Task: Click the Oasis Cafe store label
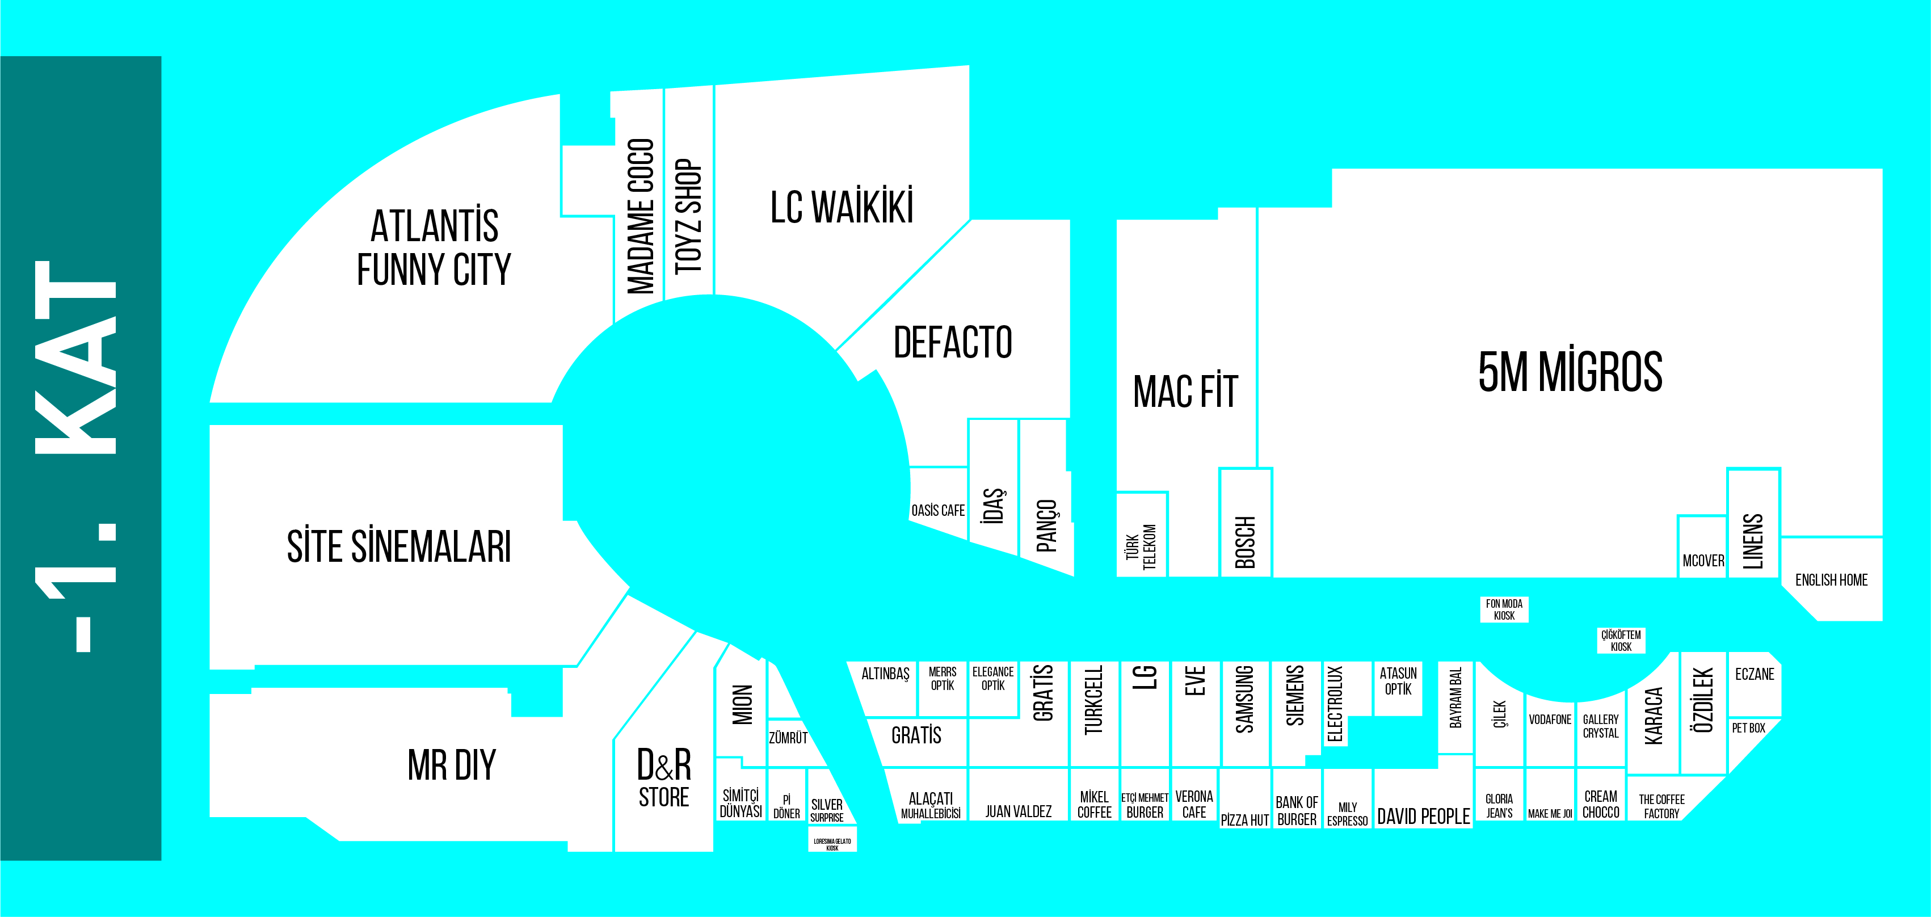point(938,511)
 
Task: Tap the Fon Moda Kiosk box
point(1504,609)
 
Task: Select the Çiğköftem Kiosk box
point(1621,640)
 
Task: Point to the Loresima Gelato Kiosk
point(832,844)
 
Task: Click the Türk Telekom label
point(1141,546)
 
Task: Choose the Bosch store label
point(1244,542)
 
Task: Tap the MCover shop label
point(1703,561)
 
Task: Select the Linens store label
point(1753,541)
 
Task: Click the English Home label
point(1831,579)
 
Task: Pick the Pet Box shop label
point(1748,728)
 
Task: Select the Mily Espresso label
point(1347,814)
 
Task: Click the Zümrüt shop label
point(788,738)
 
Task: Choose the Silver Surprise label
point(827,810)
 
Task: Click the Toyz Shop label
point(688,217)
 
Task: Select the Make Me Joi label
point(1550,814)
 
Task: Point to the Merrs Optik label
point(943,679)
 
